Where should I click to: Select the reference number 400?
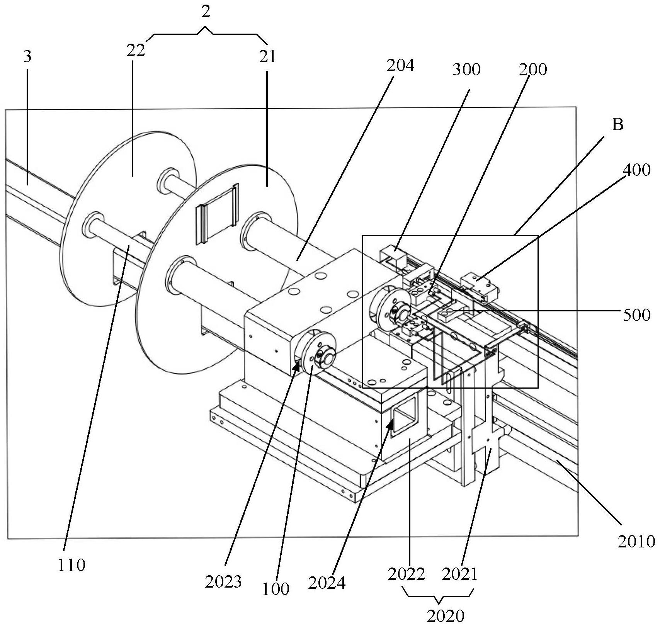636,170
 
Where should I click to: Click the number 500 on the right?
636,315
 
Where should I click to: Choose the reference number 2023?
223,581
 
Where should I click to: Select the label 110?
71,566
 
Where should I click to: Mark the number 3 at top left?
27,57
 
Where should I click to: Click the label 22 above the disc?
136,51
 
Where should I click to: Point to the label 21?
268,57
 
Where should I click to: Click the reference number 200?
532,70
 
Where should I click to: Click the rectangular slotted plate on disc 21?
218,215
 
